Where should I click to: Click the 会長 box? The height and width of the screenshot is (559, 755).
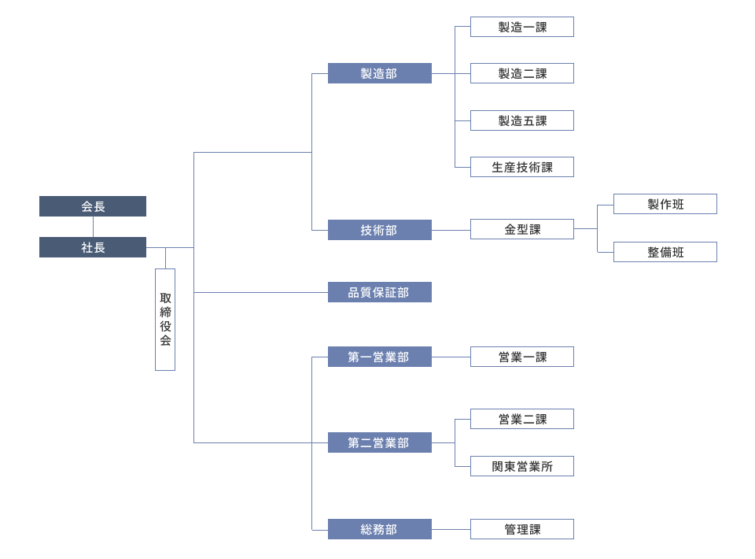(x=93, y=206)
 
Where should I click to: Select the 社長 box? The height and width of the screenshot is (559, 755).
(x=93, y=247)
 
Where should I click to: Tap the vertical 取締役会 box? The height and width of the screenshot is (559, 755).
(x=165, y=319)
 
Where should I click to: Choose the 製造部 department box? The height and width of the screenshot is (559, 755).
(x=379, y=73)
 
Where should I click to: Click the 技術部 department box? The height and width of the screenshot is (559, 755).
(x=379, y=230)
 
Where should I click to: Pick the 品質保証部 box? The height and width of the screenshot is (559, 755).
(x=379, y=292)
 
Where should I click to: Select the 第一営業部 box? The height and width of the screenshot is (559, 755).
(x=379, y=357)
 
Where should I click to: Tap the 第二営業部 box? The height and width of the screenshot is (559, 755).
(x=379, y=442)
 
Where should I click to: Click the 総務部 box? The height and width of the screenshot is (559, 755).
(x=379, y=529)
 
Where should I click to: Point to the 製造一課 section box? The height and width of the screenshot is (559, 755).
(x=522, y=27)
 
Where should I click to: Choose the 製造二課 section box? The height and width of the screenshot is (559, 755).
(x=522, y=73)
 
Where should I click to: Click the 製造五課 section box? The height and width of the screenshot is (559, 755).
(x=522, y=120)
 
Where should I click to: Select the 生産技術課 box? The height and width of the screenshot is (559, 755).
(x=522, y=167)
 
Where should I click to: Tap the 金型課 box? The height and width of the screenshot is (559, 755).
(x=522, y=229)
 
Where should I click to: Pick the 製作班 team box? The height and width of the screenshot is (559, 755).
(x=665, y=204)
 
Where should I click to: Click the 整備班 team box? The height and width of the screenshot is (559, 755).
(x=665, y=252)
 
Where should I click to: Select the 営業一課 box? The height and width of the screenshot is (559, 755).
(x=522, y=357)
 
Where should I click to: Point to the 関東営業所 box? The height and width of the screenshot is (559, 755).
(x=522, y=466)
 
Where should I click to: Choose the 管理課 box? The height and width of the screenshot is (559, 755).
(x=522, y=529)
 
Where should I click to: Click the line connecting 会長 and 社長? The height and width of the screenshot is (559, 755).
(x=93, y=227)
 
